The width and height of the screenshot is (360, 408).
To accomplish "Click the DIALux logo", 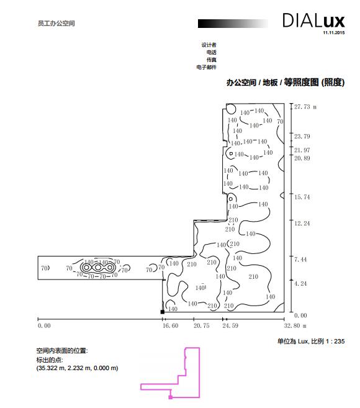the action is point(313,20).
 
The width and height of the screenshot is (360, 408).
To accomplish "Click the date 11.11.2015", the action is point(334,33).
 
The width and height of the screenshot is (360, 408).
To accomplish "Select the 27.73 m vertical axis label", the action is point(305,107).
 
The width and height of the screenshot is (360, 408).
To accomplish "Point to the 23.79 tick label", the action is point(302,137).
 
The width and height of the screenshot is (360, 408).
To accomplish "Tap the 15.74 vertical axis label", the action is point(302,197).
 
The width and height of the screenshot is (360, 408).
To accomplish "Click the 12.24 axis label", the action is point(302,224).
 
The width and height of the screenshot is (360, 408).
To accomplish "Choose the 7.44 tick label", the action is point(300,260).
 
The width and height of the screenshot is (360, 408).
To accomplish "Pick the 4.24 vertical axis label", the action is point(300,284).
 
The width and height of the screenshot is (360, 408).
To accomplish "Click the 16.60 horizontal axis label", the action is point(170,325).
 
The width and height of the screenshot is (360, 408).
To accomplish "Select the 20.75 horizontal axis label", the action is point(201,325).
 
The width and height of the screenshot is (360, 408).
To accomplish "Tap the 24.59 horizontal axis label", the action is point(230,325).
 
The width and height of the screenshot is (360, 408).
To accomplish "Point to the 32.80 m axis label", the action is point(295,325).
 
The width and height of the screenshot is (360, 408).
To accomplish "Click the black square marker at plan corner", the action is point(163,312).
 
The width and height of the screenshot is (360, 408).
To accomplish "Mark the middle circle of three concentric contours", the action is point(98,267).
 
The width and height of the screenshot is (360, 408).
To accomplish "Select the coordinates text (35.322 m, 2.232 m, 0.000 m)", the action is point(77,368).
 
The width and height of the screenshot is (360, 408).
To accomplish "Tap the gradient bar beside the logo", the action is point(233,24).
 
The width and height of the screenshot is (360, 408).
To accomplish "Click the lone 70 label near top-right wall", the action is point(280,121).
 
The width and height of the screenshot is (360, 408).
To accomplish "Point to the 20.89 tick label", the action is point(302,158).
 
